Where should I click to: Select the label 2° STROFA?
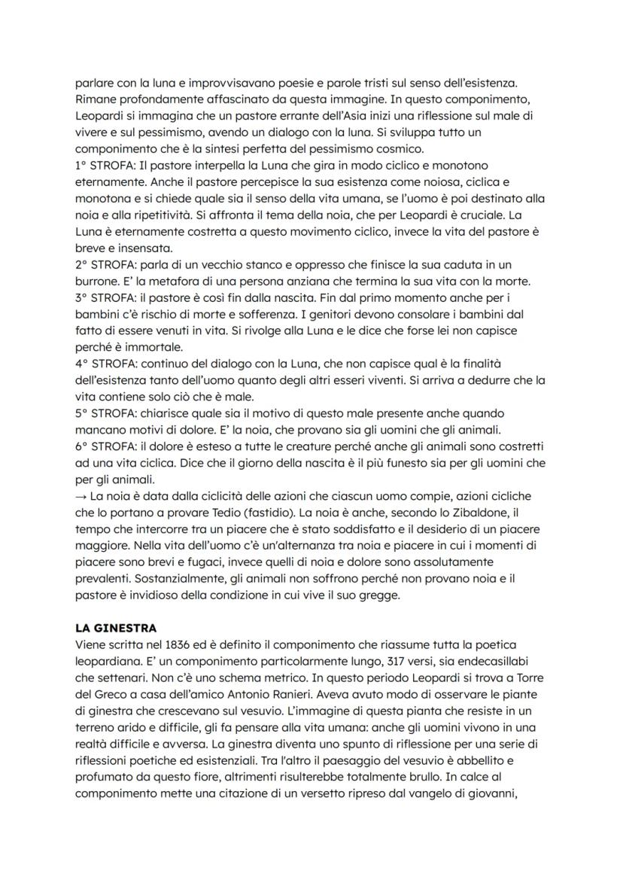point(106,264)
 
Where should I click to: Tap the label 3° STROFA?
point(106,297)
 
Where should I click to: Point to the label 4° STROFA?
point(106,364)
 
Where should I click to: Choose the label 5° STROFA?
point(106,413)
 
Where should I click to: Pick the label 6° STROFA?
point(106,446)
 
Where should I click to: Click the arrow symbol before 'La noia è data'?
point(81,496)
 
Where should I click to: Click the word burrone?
point(97,281)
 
